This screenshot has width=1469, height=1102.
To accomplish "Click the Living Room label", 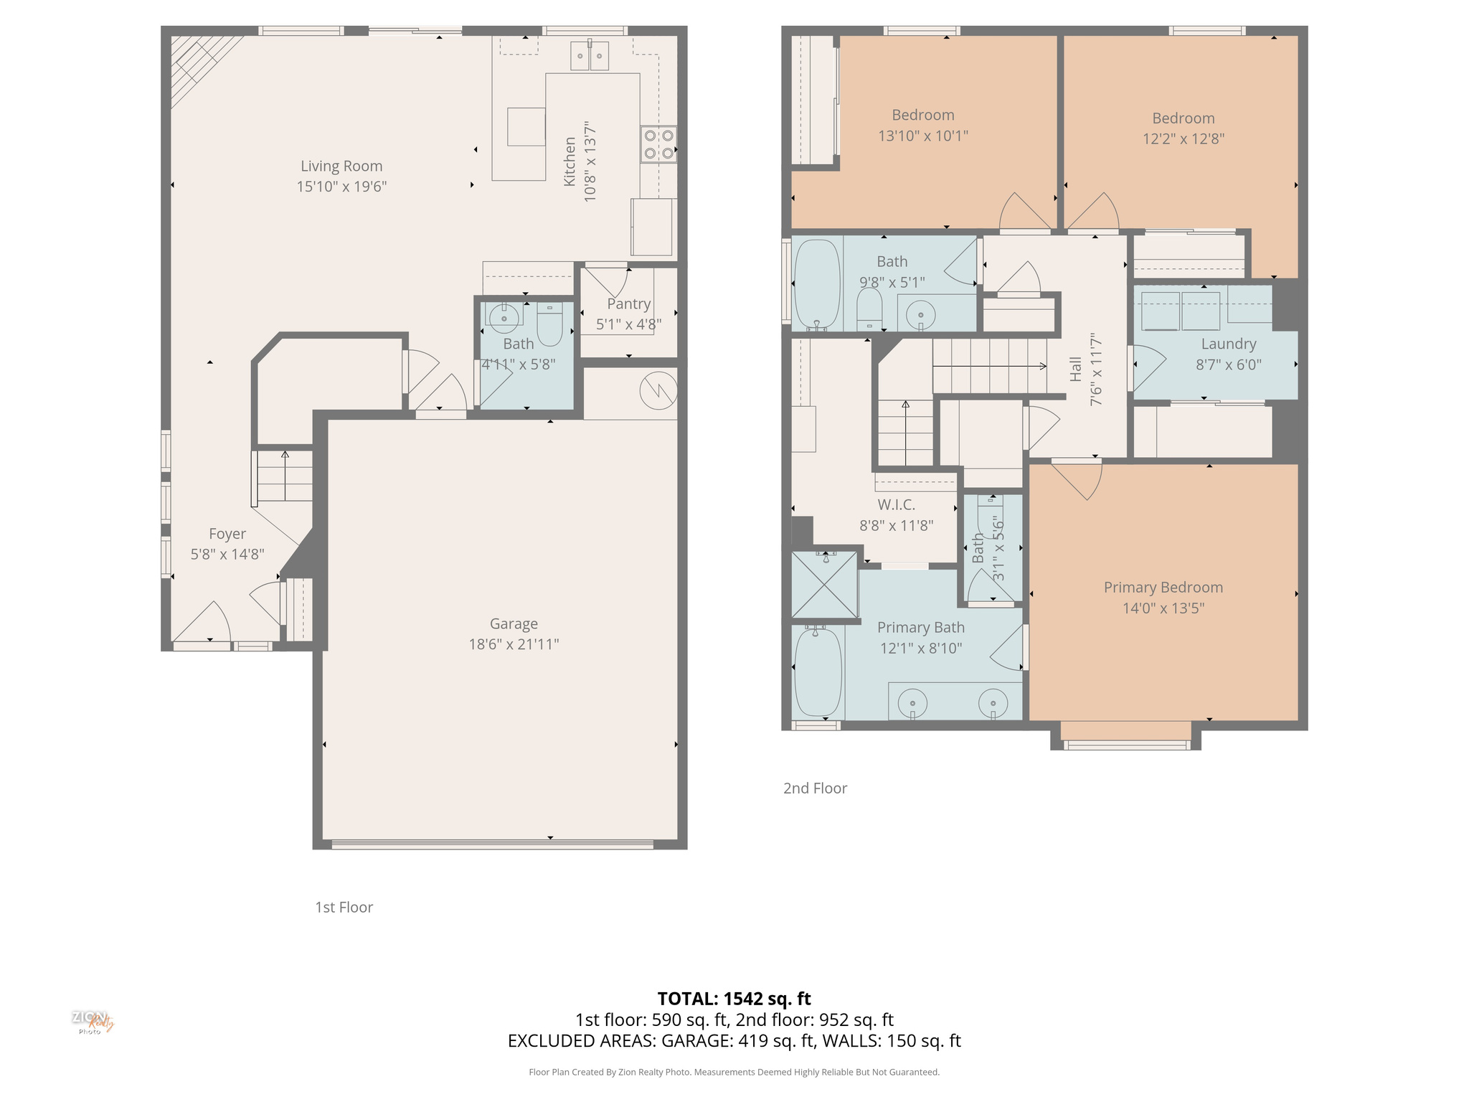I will tap(341, 166).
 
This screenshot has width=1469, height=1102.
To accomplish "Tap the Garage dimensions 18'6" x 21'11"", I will tap(514, 644).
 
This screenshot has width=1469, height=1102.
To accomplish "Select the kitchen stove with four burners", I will tap(658, 144).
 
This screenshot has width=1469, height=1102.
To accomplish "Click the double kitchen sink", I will tap(590, 56).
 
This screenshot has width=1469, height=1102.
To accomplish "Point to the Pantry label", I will tap(628, 303).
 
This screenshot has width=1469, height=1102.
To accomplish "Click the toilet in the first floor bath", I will tap(550, 326).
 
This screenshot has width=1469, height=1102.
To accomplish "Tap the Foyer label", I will tap(227, 534).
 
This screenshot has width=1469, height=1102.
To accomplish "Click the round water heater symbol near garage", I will tap(658, 391).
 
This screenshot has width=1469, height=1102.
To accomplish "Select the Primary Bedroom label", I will tap(1163, 588).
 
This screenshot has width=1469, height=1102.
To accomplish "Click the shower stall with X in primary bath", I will tap(824, 584).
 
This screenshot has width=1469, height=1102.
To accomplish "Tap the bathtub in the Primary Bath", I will tap(818, 672).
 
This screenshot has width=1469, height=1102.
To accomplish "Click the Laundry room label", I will tap(1228, 344).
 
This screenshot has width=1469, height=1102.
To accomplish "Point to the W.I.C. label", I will tap(896, 505).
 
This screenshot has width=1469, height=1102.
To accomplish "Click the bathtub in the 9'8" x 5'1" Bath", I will tap(817, 284).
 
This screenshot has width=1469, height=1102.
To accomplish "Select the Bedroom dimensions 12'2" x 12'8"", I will tap(1183, 139).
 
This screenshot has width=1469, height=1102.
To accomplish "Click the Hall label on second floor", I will tap(1075, 369).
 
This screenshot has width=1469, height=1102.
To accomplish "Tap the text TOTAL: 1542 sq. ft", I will tap(734, 999).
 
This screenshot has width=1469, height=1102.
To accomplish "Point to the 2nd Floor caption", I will tap(815, 788).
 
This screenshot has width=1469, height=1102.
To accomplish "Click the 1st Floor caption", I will tap(344, 908).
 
